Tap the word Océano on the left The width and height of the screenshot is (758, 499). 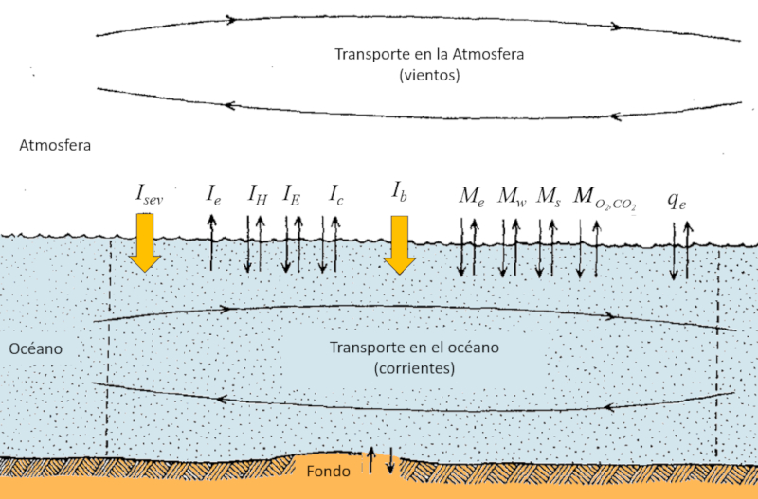click(36, 349)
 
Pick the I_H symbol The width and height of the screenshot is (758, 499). click(257, 196)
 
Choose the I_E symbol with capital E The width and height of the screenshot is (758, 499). click(292, 196)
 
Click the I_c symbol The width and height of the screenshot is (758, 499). click(335, 196)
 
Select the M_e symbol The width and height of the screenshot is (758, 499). click(471, 196)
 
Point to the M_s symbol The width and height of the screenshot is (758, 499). click(548, 196)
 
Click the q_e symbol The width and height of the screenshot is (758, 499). click(677, 199)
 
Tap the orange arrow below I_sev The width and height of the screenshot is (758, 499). click(145, 242)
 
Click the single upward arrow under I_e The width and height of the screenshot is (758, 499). click(211, 241)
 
